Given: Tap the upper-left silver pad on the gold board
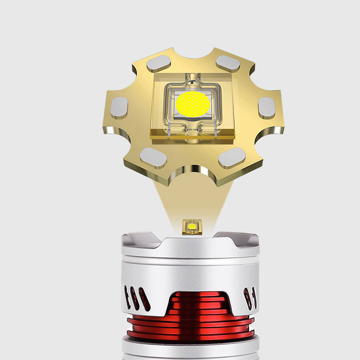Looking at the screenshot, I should [158, 64].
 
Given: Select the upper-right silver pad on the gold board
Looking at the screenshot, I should [228, 63].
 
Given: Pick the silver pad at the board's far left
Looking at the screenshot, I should [119, 108].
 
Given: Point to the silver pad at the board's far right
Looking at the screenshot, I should [266, 108].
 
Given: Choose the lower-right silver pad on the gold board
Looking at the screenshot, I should [232, 158].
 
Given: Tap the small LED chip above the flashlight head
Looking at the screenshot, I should [192, 227].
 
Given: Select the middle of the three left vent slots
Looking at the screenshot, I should [135, 298].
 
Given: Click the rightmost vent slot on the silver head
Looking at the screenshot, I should [255, 297].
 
